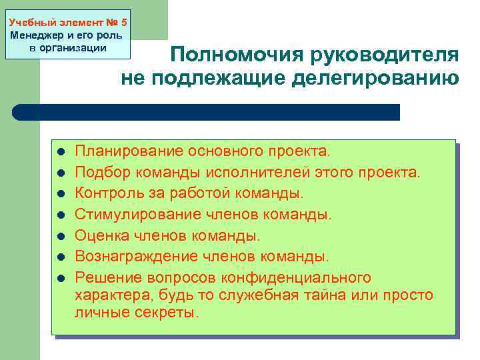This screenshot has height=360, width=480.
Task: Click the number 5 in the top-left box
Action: [x=124, y=22]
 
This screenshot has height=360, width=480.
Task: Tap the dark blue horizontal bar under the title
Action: [x=207, y=112]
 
